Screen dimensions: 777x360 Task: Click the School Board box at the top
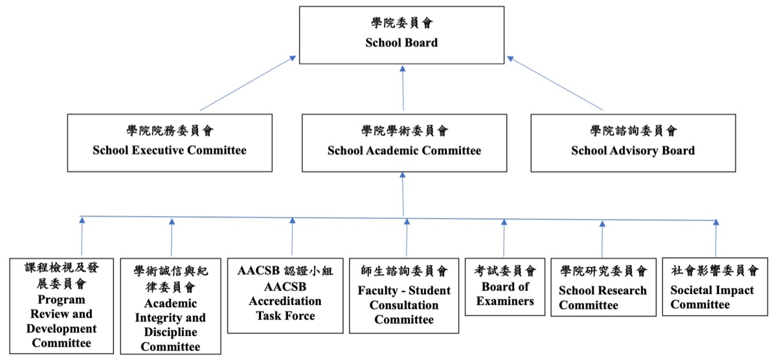click(x=401, y=35)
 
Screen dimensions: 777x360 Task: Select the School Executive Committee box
click(x=170, y=143)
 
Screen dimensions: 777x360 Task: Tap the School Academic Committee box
click(x=404, y=143)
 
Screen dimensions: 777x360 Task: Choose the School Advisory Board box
click(x=633, y=143)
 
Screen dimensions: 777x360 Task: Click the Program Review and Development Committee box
click(x=62, y=306)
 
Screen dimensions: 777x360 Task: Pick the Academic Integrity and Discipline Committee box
click(x=170, y=306)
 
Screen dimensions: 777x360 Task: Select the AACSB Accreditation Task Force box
click(x=285, y=295)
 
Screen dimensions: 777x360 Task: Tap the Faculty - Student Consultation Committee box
click(x=404, y=295)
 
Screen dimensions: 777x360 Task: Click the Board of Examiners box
click(x=504, y=286)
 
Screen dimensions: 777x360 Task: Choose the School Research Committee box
click(x=603, y=287)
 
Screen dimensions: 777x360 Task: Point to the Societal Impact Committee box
click(x=715, y=286)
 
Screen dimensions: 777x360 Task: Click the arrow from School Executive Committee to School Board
click(x=248, y=84)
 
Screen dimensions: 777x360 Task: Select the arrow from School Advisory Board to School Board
click(x=555, y=84)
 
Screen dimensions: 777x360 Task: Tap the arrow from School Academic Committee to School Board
click(x=403, y=88)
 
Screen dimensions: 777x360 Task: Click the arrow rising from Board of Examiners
click(x=504, y=238)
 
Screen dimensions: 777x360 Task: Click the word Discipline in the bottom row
click(x=170, y=332)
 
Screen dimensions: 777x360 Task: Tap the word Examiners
click(x=504, y=301)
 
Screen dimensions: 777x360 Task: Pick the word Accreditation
click(x=285, y=301)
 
